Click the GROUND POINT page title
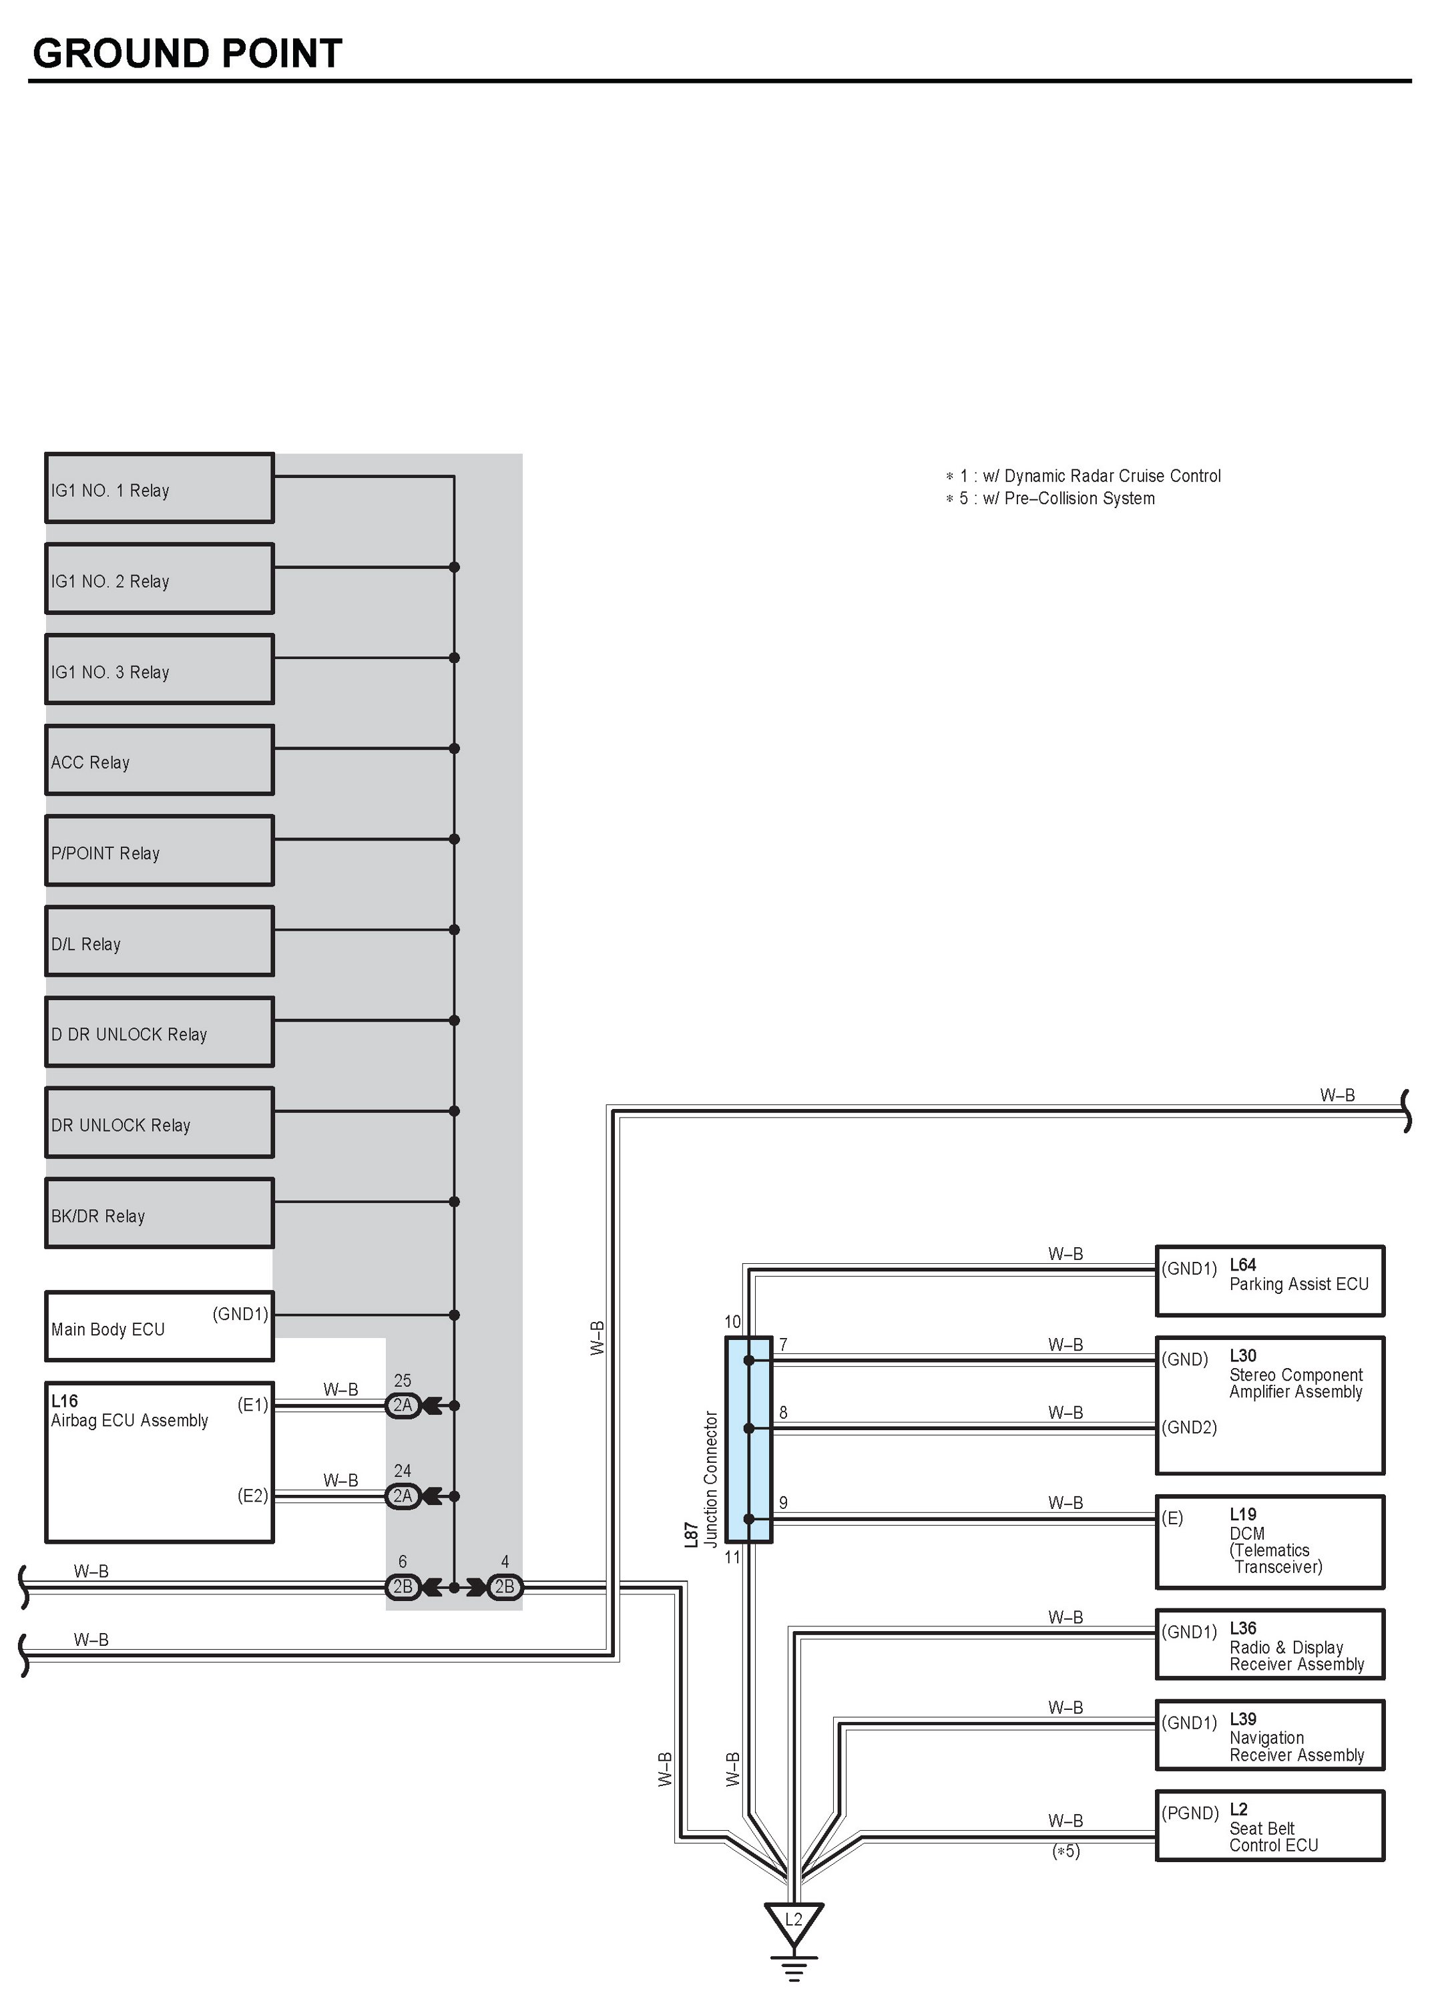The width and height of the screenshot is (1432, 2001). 187,54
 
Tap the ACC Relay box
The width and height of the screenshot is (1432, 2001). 160,760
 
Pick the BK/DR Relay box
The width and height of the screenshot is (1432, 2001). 160,1213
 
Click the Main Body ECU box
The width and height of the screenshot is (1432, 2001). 160,1327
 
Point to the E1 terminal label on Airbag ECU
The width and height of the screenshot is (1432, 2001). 252,1405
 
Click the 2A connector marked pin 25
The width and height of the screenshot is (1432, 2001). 403,1405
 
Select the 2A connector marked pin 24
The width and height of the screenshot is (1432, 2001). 403,1496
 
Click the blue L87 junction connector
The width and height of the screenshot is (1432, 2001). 748,1440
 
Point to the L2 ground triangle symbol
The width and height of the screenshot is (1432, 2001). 794,1922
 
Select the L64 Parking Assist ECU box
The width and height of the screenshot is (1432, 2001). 1270,1281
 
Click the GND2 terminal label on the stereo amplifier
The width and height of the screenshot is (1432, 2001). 1188,1427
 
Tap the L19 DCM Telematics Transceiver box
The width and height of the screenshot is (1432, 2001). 1270,1542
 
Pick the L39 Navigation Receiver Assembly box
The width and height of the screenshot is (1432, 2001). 1270,1735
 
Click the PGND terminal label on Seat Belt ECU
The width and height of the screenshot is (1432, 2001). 1190,1813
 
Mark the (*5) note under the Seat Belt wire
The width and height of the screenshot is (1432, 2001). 1065,1851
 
